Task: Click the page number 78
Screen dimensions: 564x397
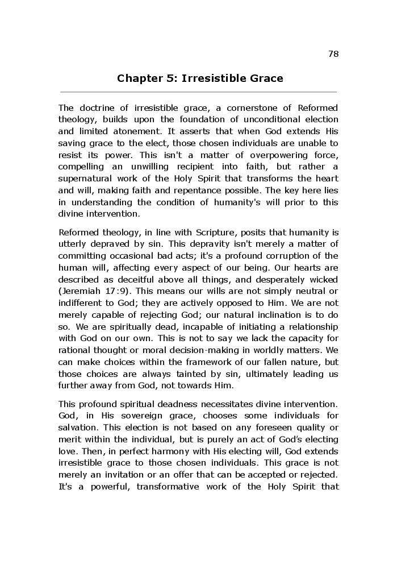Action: [x=333, y=54]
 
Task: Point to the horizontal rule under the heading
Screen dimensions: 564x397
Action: [x=198, y=92]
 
